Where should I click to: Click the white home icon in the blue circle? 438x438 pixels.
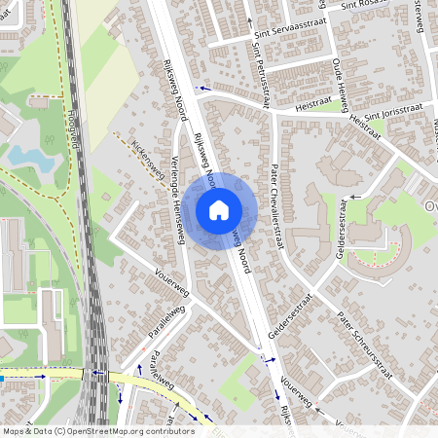click(x=219, y=208)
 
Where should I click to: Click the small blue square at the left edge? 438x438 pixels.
click(x=2, y=377)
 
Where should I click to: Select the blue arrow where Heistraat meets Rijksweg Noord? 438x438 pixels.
click(x=203, y=89)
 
